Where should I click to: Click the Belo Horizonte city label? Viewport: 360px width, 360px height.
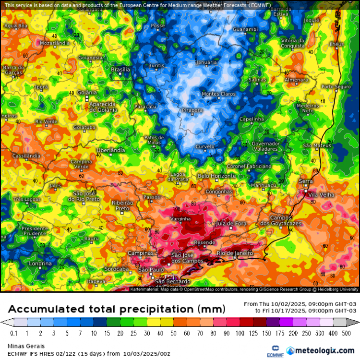click(217, 176)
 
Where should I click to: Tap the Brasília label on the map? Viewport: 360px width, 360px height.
click(120, 70)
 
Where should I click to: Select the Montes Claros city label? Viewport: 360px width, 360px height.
click(218, 94)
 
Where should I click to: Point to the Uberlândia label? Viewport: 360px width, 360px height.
click(111, 150)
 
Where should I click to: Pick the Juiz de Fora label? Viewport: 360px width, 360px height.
click(231, 223)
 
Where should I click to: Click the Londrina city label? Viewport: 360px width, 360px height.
click(40, 264)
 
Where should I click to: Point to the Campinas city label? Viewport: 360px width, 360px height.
click(141, 253)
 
